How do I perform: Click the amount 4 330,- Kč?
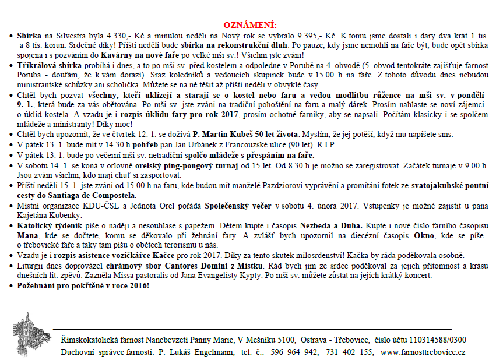[113, 36]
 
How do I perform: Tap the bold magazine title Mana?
[28, 235]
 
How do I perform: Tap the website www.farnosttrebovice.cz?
[423, 352]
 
